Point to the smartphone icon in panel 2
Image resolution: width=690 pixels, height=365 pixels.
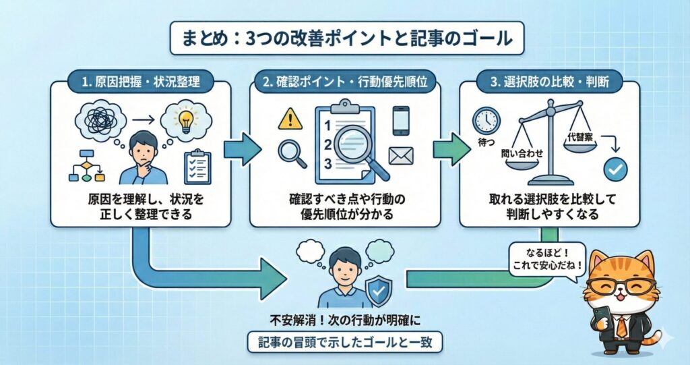401,121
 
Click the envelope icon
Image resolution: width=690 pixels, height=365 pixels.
401,156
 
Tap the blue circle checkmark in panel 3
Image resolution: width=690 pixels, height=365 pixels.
615,169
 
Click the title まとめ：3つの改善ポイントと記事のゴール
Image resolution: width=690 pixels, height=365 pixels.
344,38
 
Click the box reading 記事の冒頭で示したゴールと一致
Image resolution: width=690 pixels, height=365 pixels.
344,343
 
